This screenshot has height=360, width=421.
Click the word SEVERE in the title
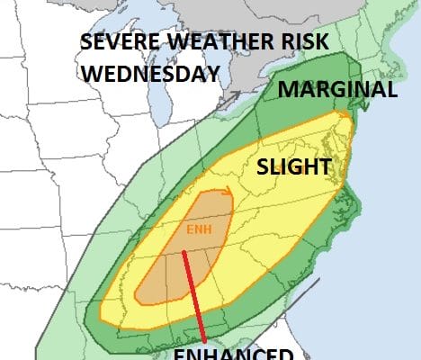point(112,44)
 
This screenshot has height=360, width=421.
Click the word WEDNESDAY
point(150,73)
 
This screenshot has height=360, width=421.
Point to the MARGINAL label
point(336,90)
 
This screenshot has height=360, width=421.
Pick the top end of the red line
point(184,253)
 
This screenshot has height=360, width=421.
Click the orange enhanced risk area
point(171,270)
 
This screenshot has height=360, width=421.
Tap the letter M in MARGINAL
point(286,90)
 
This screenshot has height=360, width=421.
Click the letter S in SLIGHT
point(264,167)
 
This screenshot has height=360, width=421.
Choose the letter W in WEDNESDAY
point(91,73)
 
